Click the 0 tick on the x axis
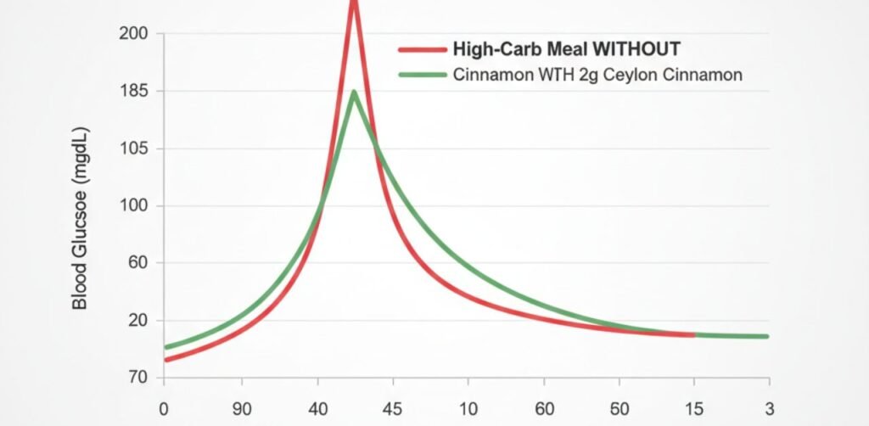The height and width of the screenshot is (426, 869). [164, 406]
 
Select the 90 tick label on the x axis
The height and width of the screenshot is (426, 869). [242, 406]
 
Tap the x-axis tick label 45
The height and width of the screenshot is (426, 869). [393, 406]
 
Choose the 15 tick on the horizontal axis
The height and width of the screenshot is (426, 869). [694, 406]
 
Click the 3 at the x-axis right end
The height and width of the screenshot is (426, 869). [767, 406]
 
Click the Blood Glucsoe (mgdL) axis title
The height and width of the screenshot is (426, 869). [80, 219]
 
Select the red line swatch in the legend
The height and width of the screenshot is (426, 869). [422, 49]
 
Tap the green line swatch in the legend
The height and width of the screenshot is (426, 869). [422, 76]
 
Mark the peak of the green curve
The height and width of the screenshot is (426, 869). [354, 92]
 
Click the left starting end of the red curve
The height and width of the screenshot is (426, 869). [165, 360]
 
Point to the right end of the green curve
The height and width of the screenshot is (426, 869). [766, 337]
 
